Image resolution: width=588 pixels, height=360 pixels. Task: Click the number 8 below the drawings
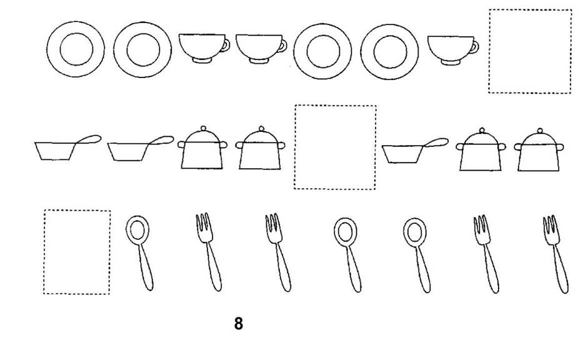click(239, 324)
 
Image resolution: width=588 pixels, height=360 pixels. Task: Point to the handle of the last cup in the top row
click(475, 46)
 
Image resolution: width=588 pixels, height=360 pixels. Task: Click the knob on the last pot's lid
click(540, 131)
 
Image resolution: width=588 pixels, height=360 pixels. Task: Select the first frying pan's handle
click(89, 139)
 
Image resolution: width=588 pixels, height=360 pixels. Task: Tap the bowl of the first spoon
click(137, 229)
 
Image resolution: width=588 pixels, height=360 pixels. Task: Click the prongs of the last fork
click(551, 224)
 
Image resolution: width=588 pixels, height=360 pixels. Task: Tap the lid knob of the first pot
click(203, 128)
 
